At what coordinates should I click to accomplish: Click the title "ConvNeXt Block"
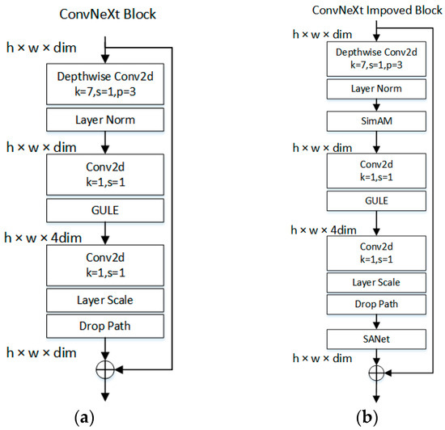107,14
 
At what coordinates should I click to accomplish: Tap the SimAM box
375,119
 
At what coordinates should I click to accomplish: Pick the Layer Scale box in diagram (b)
375,282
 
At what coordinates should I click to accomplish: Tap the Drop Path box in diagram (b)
375,305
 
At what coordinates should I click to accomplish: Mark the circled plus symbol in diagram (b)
375,373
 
